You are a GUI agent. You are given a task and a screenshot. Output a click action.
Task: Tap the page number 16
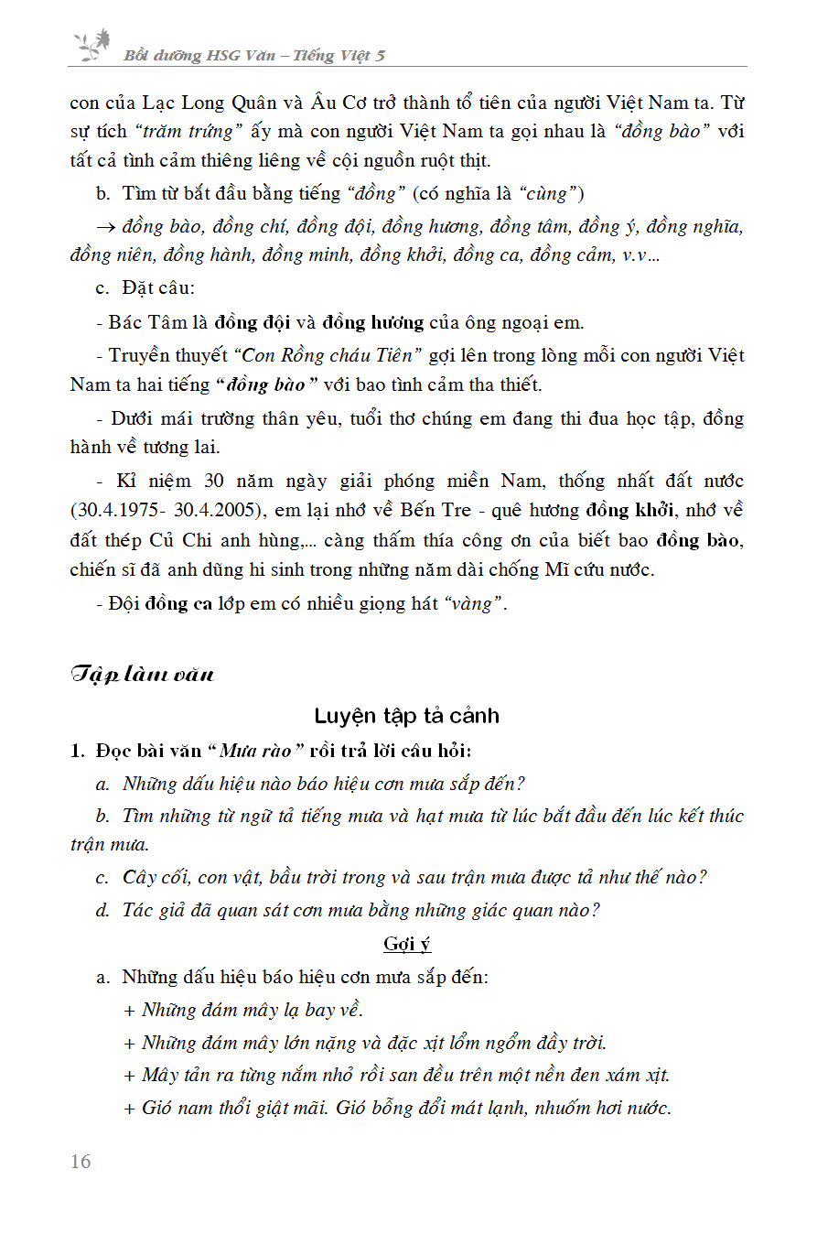pos(81,1162)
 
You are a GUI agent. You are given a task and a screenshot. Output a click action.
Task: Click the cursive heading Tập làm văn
pos(142,675)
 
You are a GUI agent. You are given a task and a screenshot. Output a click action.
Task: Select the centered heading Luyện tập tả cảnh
pos(407,716)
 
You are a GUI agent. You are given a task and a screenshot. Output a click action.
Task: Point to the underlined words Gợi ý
pos(407,944)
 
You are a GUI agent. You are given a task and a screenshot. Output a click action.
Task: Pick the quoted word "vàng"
pos(475,604)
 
